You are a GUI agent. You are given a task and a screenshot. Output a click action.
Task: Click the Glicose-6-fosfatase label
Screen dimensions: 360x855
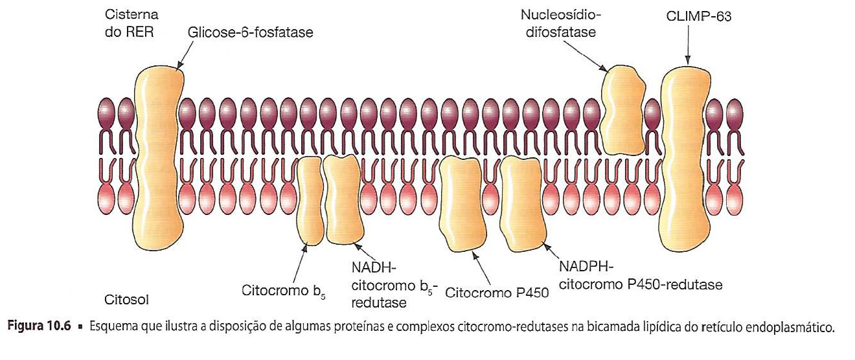251,32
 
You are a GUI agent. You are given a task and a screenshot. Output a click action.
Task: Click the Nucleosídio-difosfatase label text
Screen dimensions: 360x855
558,23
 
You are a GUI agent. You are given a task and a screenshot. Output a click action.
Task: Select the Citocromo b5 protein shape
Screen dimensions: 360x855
310,201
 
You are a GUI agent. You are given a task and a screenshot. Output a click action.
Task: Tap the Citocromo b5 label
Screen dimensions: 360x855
283,289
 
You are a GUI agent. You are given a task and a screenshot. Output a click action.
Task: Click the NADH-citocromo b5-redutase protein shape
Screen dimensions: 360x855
341,199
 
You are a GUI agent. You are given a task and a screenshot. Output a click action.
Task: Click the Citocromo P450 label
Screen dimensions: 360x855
497,292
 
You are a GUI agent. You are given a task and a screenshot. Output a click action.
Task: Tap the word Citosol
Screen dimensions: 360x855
127,300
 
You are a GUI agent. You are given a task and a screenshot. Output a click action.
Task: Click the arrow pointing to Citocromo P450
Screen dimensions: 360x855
483,267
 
